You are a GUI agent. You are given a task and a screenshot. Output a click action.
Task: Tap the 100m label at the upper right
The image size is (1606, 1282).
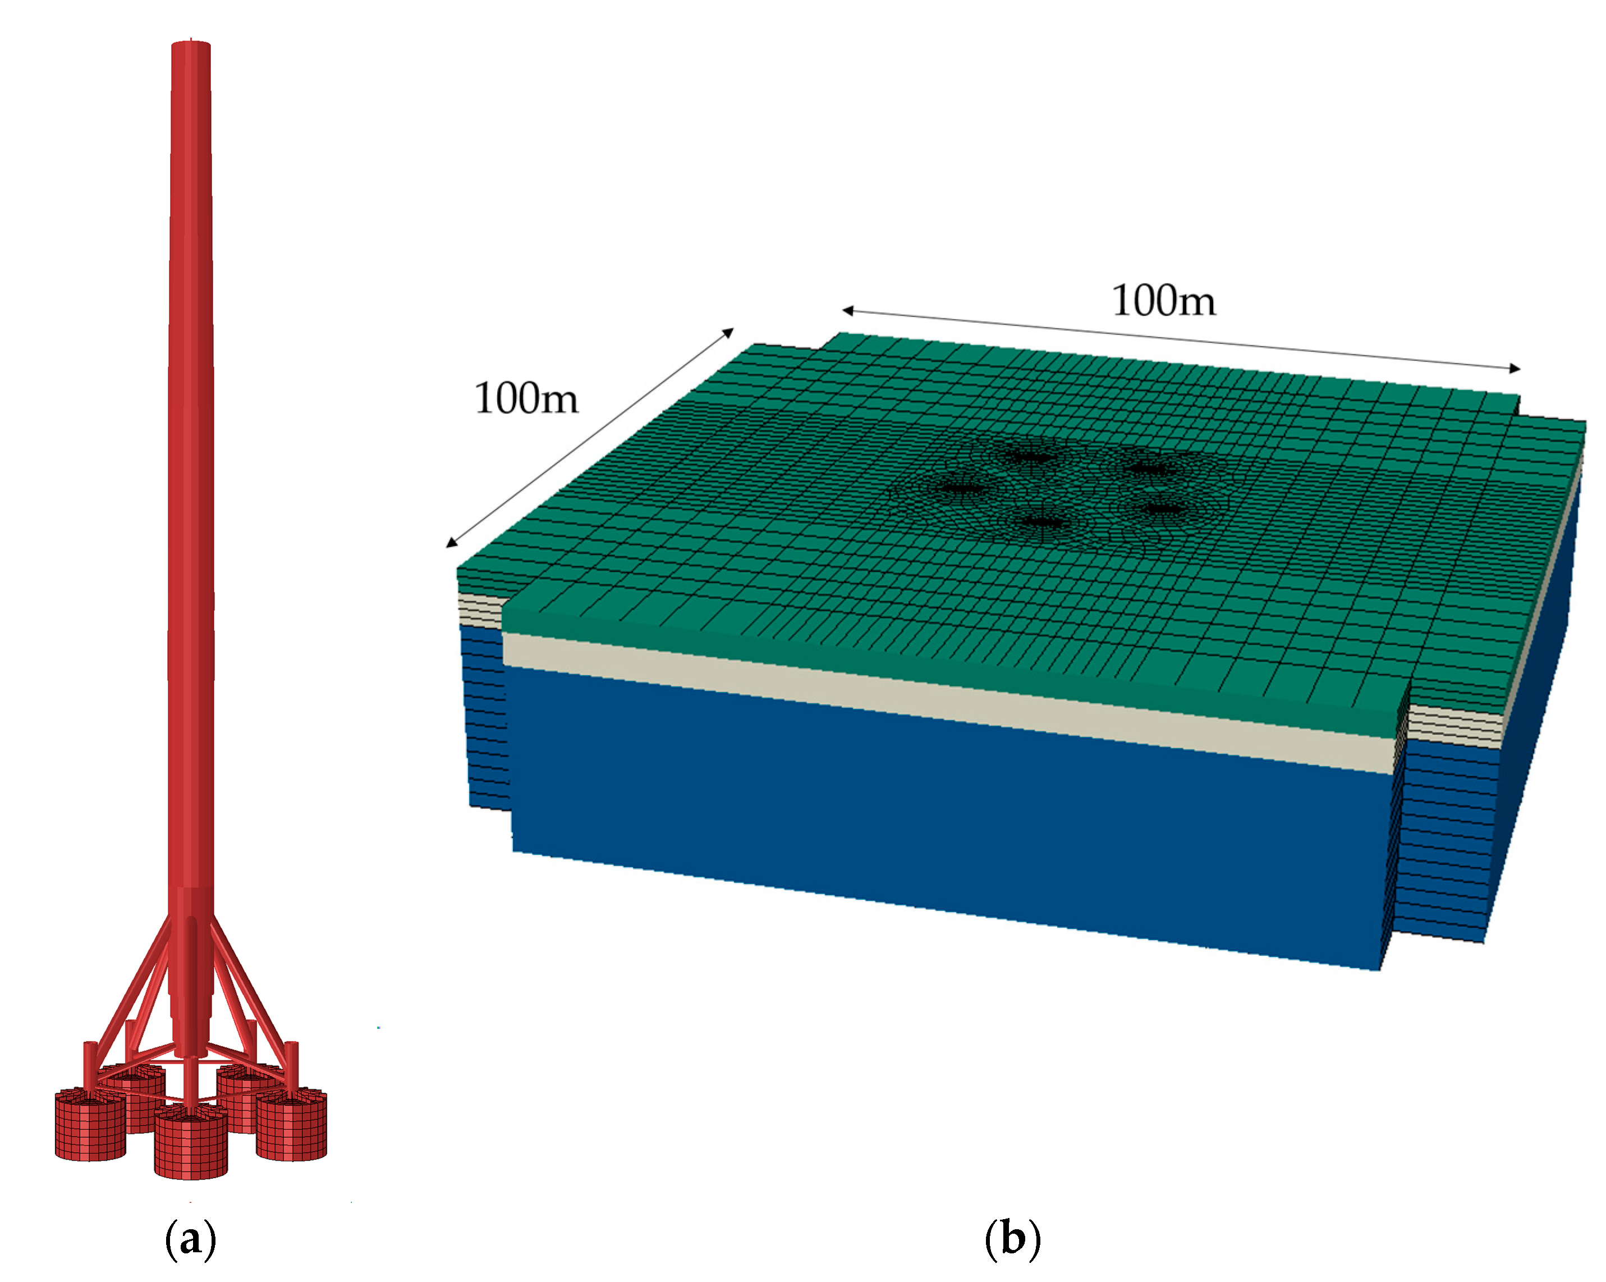point(1163,301)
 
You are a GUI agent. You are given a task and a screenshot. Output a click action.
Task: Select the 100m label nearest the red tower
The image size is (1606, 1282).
point(526,399)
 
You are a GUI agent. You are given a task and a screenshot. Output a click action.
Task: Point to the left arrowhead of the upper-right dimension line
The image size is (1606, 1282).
point(848,310)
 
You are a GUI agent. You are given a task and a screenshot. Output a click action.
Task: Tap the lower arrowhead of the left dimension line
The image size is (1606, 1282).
point(451,542)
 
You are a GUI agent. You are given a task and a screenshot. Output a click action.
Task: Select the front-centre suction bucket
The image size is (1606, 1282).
point(191,1144)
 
